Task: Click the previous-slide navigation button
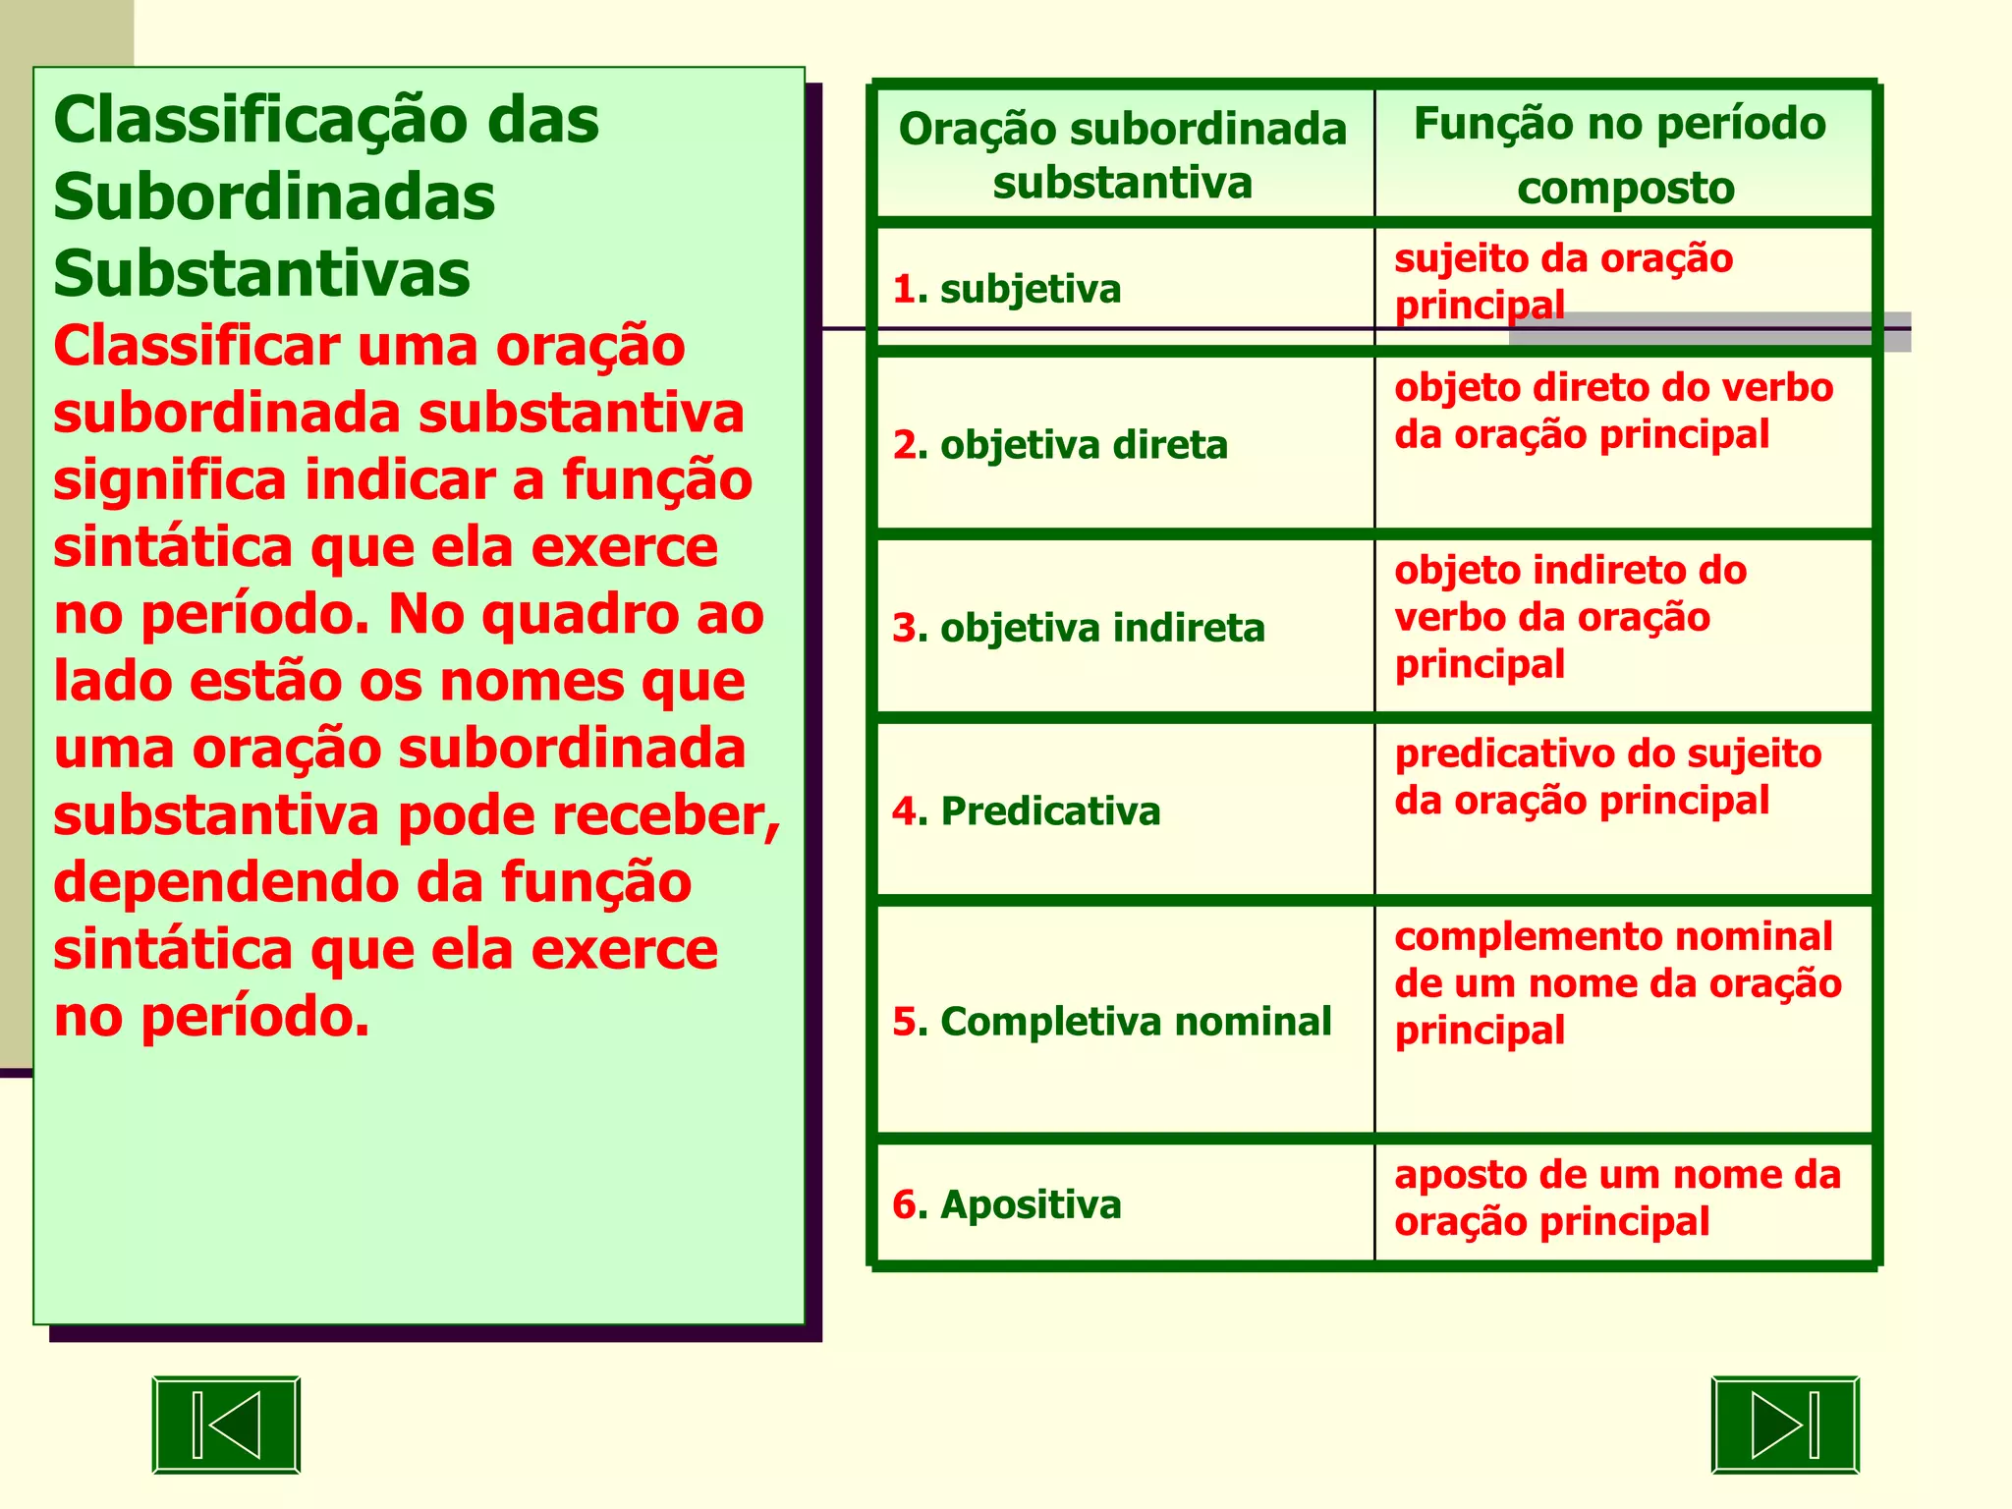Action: click(x=226, y=1425)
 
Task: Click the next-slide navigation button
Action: click(x=1785, y=1425)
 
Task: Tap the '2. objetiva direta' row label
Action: click(x=1060, y=445)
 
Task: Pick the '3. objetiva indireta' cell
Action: click(x=1079, y=628)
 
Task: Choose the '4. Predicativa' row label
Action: click(x=1027, y=811)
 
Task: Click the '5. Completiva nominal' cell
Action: click(x=1112, y=1022)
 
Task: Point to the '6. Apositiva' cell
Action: click(x=1007, y=1204)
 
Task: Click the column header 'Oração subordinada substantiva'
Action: click(x=1122, y=155)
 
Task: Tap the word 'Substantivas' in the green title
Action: click(x=262, y=273)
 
